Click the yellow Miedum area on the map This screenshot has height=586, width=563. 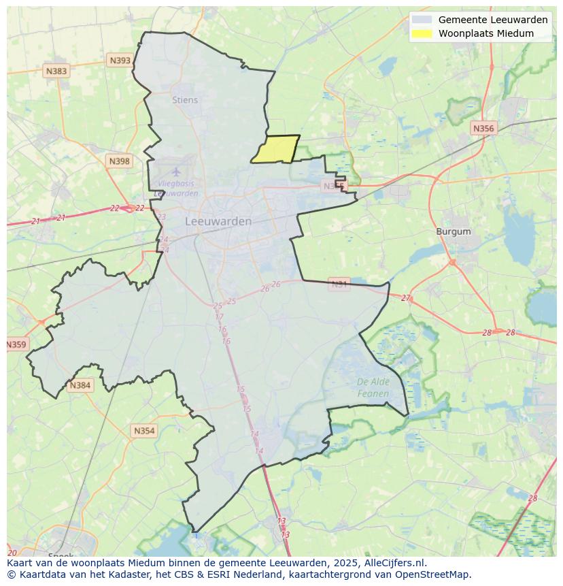tap(276, 149)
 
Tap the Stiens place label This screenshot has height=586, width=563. tap(185, 100)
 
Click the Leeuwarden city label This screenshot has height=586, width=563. tap(218, 221)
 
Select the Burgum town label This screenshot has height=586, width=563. tap(453, 231)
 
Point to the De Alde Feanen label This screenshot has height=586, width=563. tap(373, 387)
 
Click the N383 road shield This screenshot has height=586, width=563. tap(56, 71)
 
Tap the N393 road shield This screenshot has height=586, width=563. tap(120, 61)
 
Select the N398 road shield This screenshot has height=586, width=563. tap(118, 161)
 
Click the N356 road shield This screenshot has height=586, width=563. tap(483, 128)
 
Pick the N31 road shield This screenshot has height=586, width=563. tap(339, 283)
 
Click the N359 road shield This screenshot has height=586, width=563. tap(16, 344)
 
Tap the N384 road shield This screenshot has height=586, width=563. tap(80, 385)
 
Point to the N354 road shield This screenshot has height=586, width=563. tap(144, 431)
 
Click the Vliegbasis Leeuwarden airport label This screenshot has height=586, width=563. tap(176, 189)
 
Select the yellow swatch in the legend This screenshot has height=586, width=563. tap(422, 33)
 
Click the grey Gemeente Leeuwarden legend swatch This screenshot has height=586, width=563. tap(422, 20)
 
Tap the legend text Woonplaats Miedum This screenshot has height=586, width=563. tap(485, 33)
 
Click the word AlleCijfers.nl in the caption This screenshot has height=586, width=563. tap(394, 563)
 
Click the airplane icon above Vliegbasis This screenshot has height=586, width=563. tap(176, 172)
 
